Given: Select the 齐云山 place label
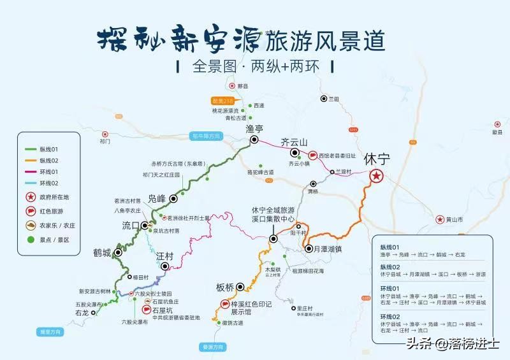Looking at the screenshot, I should (294, 142).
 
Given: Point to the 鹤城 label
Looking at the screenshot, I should (103, 253).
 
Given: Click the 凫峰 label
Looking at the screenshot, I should (157, 198).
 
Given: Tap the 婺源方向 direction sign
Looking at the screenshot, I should (213, 347).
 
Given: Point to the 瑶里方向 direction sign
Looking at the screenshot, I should (50, 332).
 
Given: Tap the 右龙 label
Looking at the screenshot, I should (82, 313).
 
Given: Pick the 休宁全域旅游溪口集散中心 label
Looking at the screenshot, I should (273, 214).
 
